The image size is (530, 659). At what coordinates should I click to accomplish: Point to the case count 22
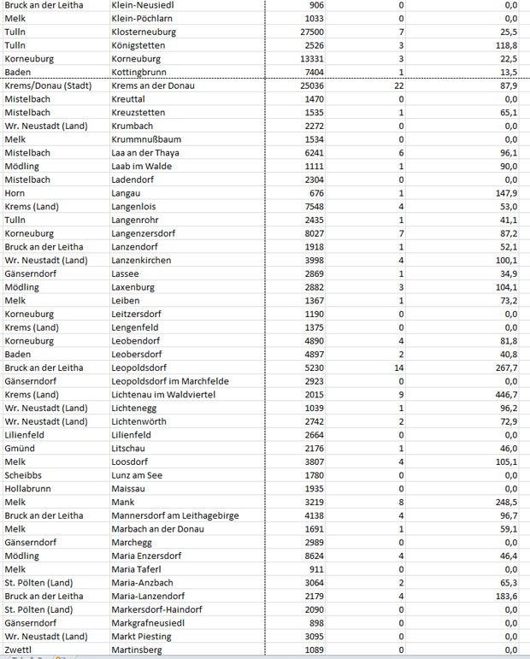pos(397,85)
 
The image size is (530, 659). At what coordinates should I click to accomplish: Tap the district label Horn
pos(17,193)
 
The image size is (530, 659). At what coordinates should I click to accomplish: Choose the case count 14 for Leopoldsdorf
pos(397,368)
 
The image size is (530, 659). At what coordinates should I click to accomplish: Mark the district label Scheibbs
pos(25,474)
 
